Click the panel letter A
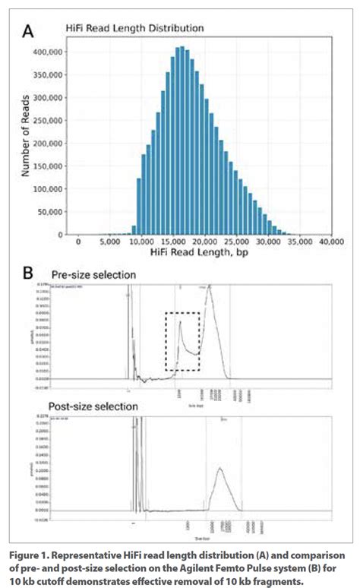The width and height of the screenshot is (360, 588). (29, 31)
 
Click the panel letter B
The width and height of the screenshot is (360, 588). (27, 272)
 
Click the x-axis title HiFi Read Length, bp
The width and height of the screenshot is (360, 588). (205, 256)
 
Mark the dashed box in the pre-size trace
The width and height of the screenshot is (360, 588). (182, 341)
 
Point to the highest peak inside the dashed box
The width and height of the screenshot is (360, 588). (180, 321)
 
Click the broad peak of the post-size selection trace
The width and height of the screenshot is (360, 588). (220, 469)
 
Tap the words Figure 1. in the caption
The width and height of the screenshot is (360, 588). (28, 556)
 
